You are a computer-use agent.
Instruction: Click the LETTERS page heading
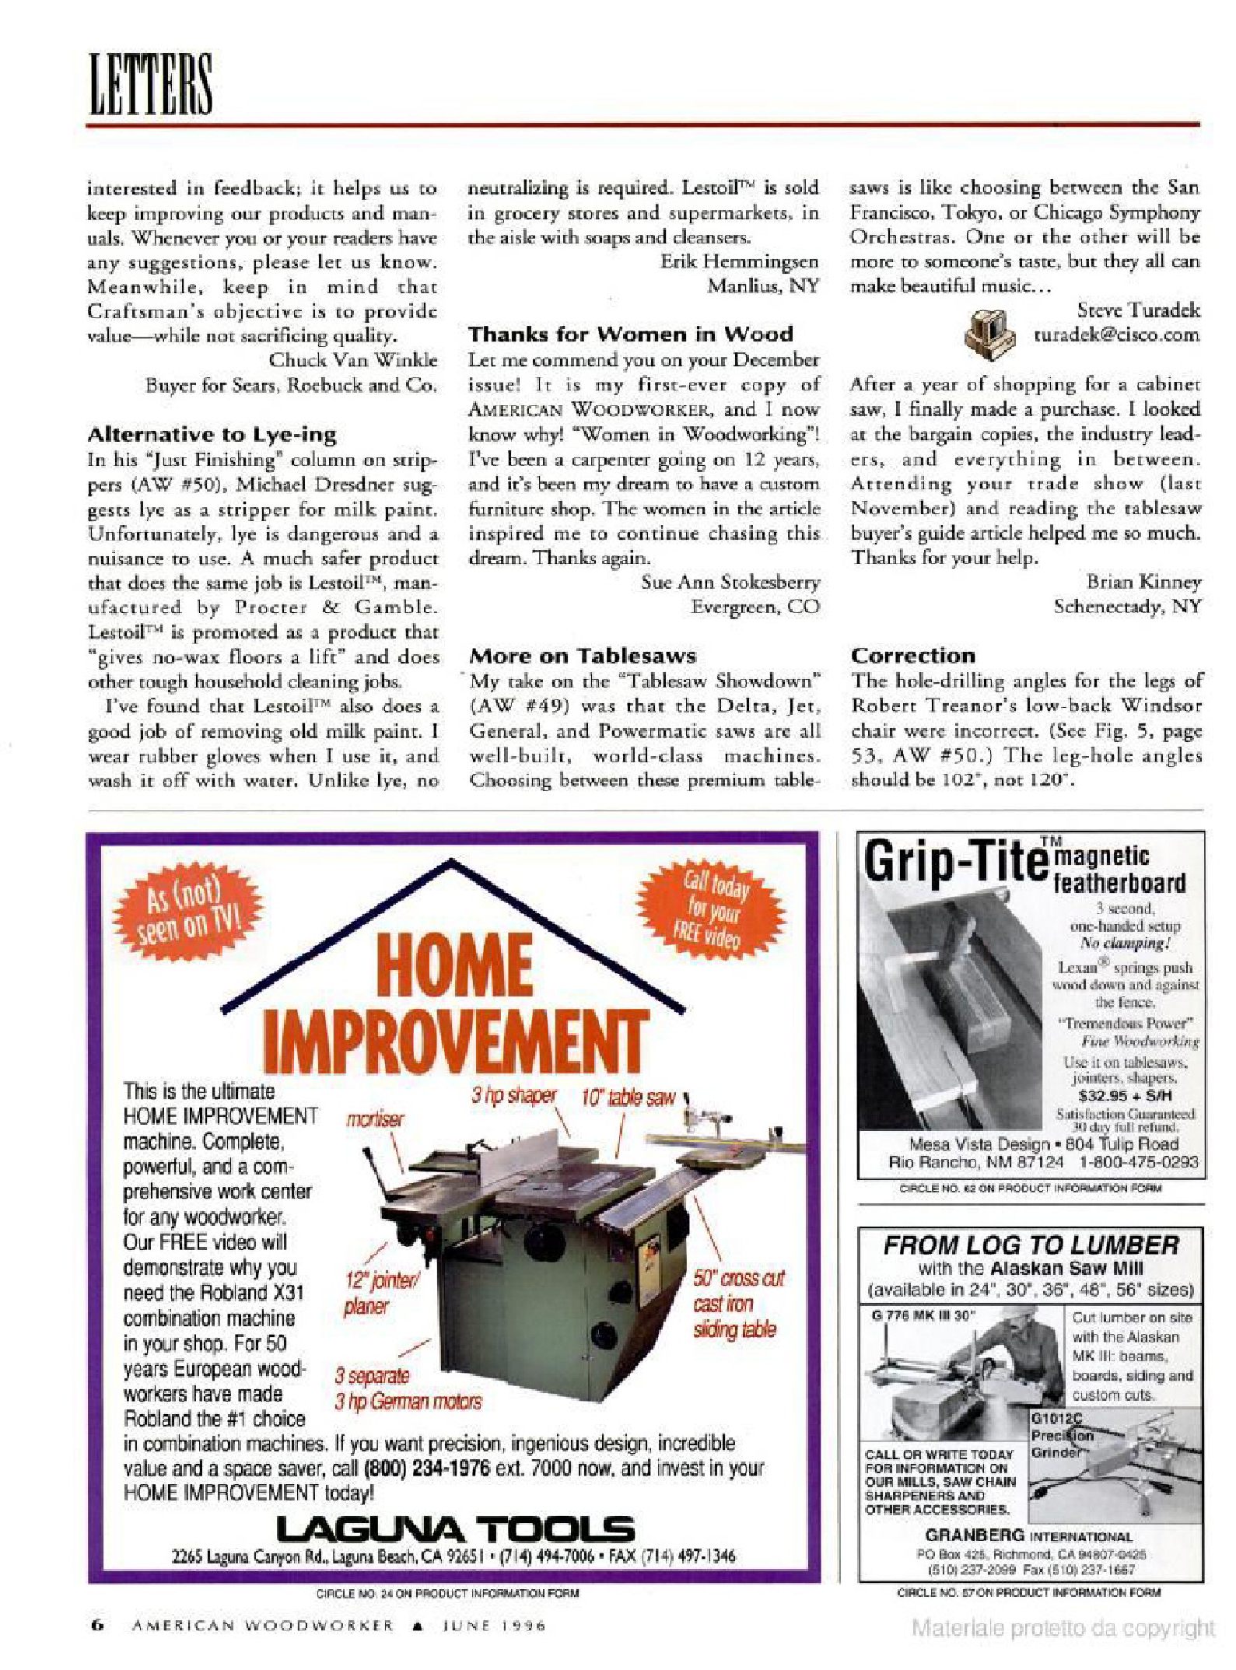149,83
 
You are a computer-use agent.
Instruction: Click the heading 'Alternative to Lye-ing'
212,434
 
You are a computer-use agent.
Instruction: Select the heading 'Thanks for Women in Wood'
630,334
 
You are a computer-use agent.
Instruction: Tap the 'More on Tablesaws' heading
583,656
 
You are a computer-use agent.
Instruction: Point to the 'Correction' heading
912,655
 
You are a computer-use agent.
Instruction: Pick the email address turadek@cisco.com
1116,335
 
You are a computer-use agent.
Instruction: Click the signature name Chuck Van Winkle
353,360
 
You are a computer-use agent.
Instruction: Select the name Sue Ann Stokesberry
730,582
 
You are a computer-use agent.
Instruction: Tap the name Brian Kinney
1143,582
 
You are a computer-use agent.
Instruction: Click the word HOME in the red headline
455,966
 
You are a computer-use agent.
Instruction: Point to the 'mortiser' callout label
375,1119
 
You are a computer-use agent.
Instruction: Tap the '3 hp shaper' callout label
513,1095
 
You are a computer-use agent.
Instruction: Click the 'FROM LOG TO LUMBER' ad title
1031,1245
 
